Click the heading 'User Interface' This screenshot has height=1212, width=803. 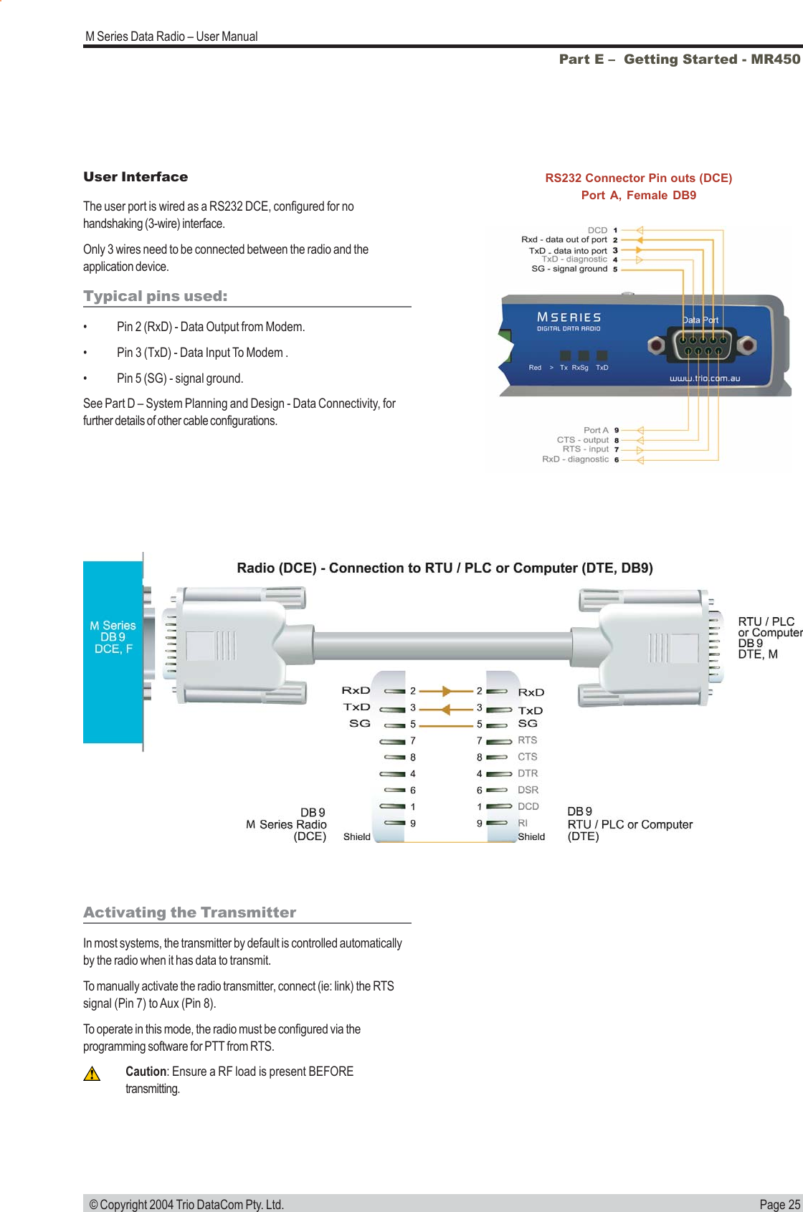tap(136, 177)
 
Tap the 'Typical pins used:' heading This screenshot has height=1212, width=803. tap(155, 296)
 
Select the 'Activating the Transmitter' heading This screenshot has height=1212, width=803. tap(189, 912)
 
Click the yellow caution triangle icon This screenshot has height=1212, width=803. tap(91, 1074)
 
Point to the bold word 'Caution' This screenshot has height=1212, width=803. tap(146, 1072)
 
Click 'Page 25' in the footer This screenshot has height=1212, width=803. tap(779, 1204)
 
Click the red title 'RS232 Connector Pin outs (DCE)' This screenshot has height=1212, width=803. tap(638, 178)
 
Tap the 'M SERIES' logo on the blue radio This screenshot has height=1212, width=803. tap(569, 317)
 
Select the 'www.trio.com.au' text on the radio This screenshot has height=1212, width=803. tap(704, 378)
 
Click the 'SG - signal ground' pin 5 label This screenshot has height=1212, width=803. tap(569, 269)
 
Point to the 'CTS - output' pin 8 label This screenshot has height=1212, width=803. tap(583, 440)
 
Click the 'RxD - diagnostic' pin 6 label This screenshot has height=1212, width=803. tap(575, 459)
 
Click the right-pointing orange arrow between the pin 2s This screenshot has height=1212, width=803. tap(447, 691)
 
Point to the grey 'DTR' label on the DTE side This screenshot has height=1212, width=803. tap(528, 773)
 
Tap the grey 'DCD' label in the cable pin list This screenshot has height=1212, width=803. tap(528, 806)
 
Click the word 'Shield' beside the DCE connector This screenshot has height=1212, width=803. tap(357, 836)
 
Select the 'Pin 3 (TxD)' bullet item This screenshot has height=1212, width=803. tap(202, 353)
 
